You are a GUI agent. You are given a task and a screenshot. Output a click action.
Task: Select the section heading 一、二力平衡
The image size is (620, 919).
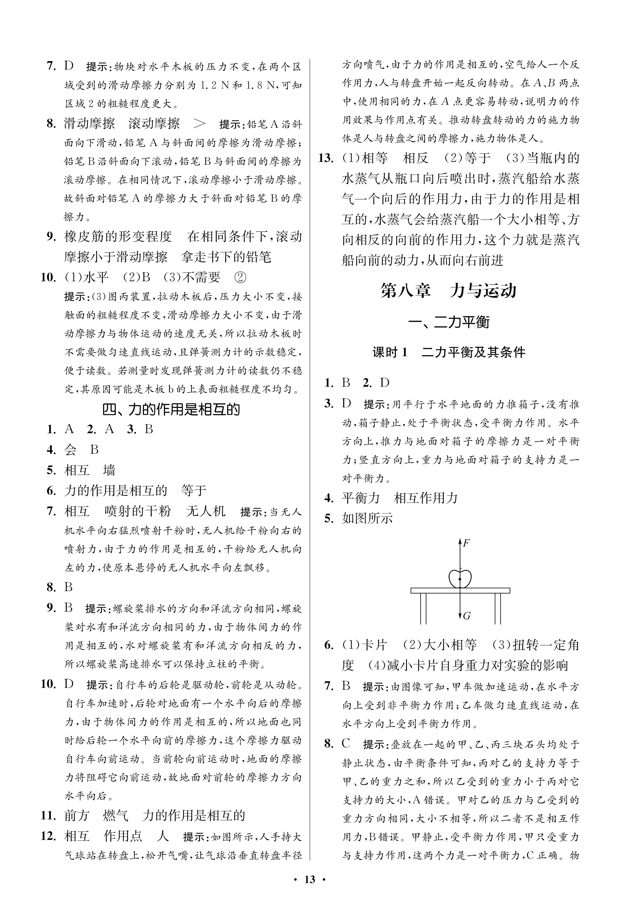coord(448,323)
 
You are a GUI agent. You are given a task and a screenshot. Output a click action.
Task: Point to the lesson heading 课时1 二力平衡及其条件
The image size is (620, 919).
coord(448,352)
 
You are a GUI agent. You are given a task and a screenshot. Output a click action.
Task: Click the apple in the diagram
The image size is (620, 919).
coord(460,579)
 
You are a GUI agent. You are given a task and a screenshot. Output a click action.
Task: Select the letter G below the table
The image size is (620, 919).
coord(467,616)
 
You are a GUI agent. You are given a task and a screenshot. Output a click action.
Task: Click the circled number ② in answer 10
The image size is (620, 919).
coord(240,278)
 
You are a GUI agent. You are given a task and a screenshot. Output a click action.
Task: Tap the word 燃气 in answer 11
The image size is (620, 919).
coord(115,815)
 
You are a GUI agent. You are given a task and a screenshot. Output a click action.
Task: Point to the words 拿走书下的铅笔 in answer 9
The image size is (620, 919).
coord(226,257)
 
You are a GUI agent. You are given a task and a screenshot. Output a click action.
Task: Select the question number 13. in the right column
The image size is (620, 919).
coord(327,158)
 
